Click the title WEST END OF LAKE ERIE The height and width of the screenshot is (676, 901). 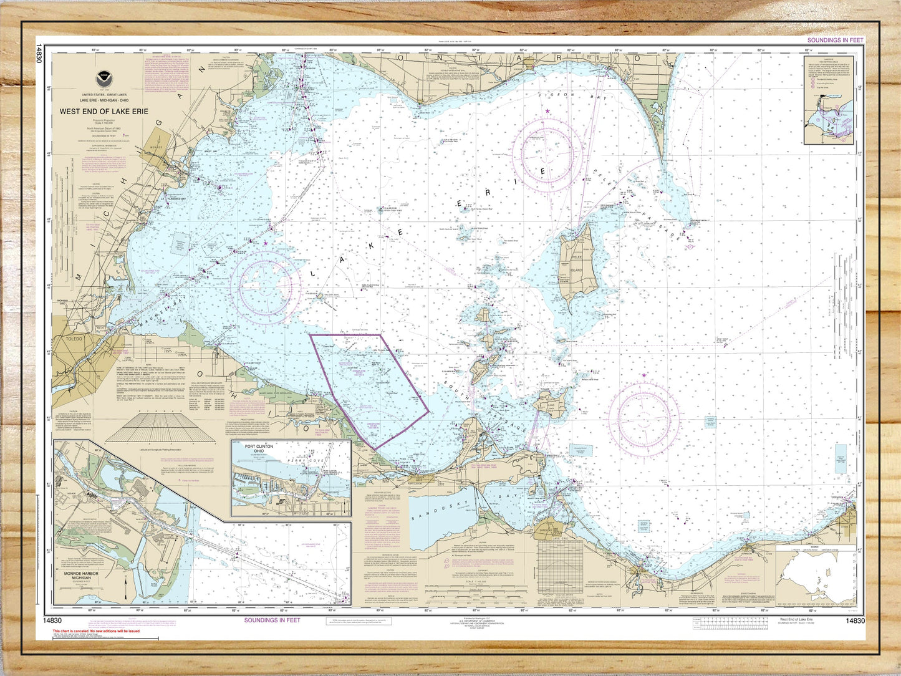[104, 112]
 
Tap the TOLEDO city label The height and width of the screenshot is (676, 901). [74, 339]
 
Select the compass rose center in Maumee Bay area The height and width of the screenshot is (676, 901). [266, 286]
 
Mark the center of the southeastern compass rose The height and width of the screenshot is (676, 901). [643, 416]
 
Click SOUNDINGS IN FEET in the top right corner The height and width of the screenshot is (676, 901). [836, 41]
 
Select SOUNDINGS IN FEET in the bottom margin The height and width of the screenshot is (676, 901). [272, 620]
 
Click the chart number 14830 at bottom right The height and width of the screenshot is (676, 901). [855, 621]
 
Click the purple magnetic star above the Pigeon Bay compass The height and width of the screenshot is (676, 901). [547, 112]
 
